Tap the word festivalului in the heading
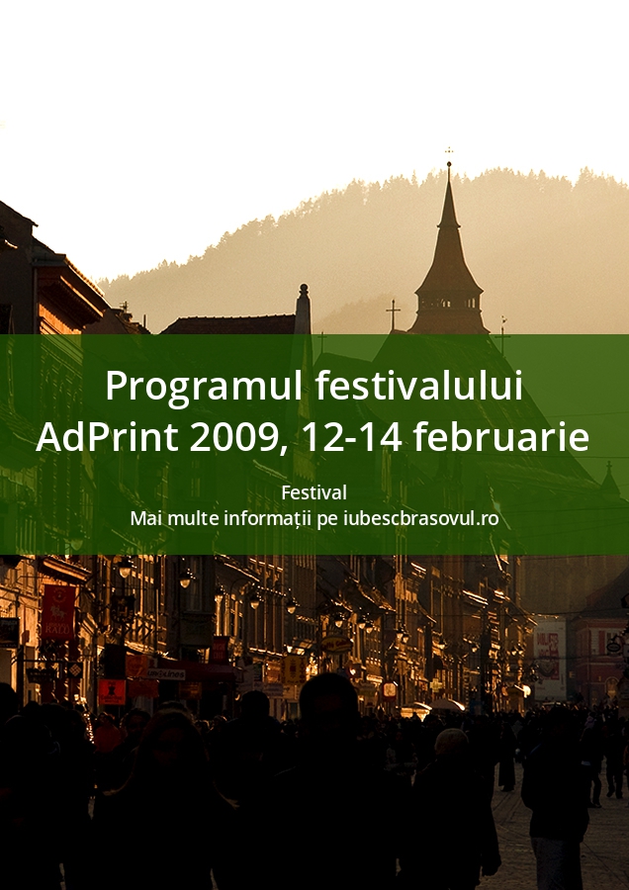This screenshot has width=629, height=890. point(419,385)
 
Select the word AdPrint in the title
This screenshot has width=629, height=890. point(107,437)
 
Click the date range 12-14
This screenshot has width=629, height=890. point(352,438)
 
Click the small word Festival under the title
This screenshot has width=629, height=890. point(314,492)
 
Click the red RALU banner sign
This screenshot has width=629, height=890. point(58,612)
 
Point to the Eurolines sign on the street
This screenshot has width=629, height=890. point(166,674)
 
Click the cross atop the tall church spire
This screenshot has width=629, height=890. point(449,151)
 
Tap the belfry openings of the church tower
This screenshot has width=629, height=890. point(448,307)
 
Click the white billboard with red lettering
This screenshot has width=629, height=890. point(550,660)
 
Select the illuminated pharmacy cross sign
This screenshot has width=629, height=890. point(436,685)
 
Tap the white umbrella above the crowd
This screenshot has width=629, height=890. point(446,705)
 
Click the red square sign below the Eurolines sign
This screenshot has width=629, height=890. point(112,692)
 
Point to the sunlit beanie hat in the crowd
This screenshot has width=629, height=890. point(452,741)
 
